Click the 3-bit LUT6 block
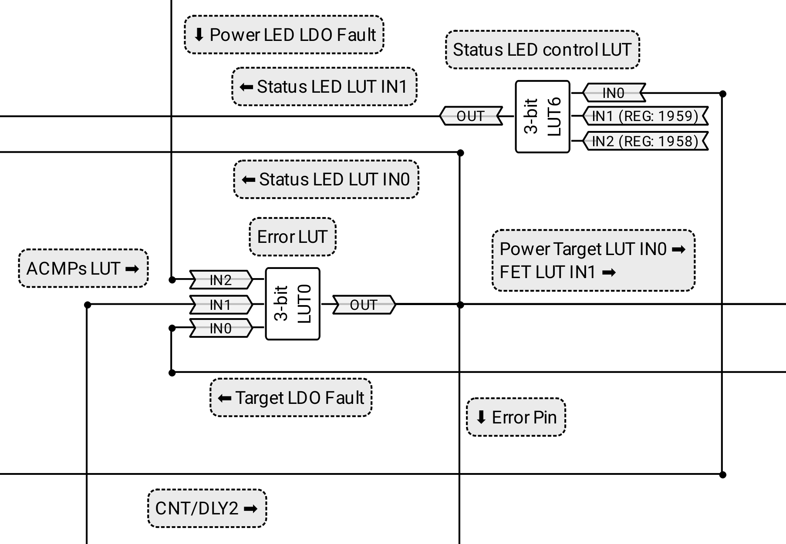[542, 117]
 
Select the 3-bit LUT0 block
[293, 304]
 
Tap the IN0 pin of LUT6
[613, 93]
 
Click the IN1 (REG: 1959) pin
[645, 116]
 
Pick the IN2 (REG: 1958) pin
[645, 141]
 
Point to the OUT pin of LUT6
[470, 116]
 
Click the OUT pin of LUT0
[364, 305]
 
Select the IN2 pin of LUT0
[221, 280]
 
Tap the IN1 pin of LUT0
[221, 305]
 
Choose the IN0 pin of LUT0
[221, 328]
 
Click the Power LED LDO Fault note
[284, 35]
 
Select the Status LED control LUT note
[542, 50]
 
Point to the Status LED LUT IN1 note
[324, 87]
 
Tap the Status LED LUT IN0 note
[326, 179]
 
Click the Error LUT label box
[292, 237]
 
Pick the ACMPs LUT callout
[83, 269]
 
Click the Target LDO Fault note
[291, 398]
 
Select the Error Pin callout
[516, 417]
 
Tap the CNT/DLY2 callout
[207, 508]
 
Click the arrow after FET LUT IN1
[609, 273]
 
